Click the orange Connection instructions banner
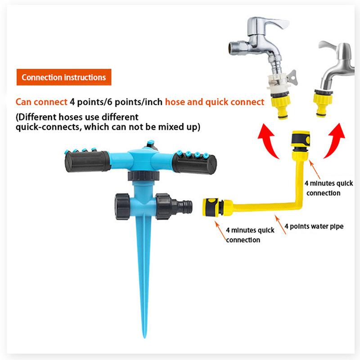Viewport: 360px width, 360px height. click(x=63, y=77)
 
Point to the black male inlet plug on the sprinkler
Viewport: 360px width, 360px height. click(x=184, y=207)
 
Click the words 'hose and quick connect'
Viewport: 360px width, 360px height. click(x=214, y=102)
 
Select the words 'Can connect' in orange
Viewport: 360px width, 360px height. click(x=41, y=102)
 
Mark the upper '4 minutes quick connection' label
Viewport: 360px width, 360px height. click(x=322, y=188)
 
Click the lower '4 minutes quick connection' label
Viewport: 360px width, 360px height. click(x=244, y=234)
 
